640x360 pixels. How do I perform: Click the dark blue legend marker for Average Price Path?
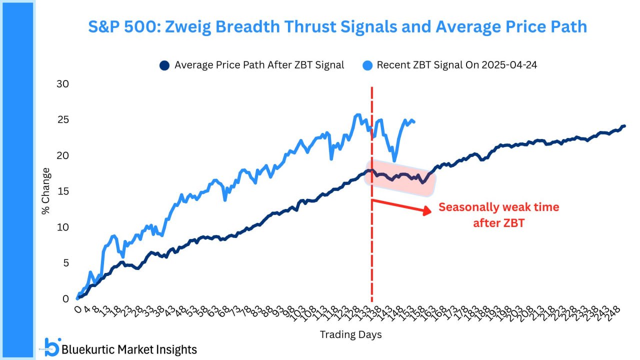point(163,65)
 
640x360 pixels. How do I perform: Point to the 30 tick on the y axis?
point(62,83)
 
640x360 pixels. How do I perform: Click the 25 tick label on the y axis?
point(62,119)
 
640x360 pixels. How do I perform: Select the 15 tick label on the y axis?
point(62,191)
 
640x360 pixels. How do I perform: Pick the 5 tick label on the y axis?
point(65,263)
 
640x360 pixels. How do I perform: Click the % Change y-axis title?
point(46,191)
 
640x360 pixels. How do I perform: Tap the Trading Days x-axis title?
point(350,334)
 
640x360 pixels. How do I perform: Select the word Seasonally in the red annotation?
point(467,207)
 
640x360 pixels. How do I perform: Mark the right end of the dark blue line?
point(624,126)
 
